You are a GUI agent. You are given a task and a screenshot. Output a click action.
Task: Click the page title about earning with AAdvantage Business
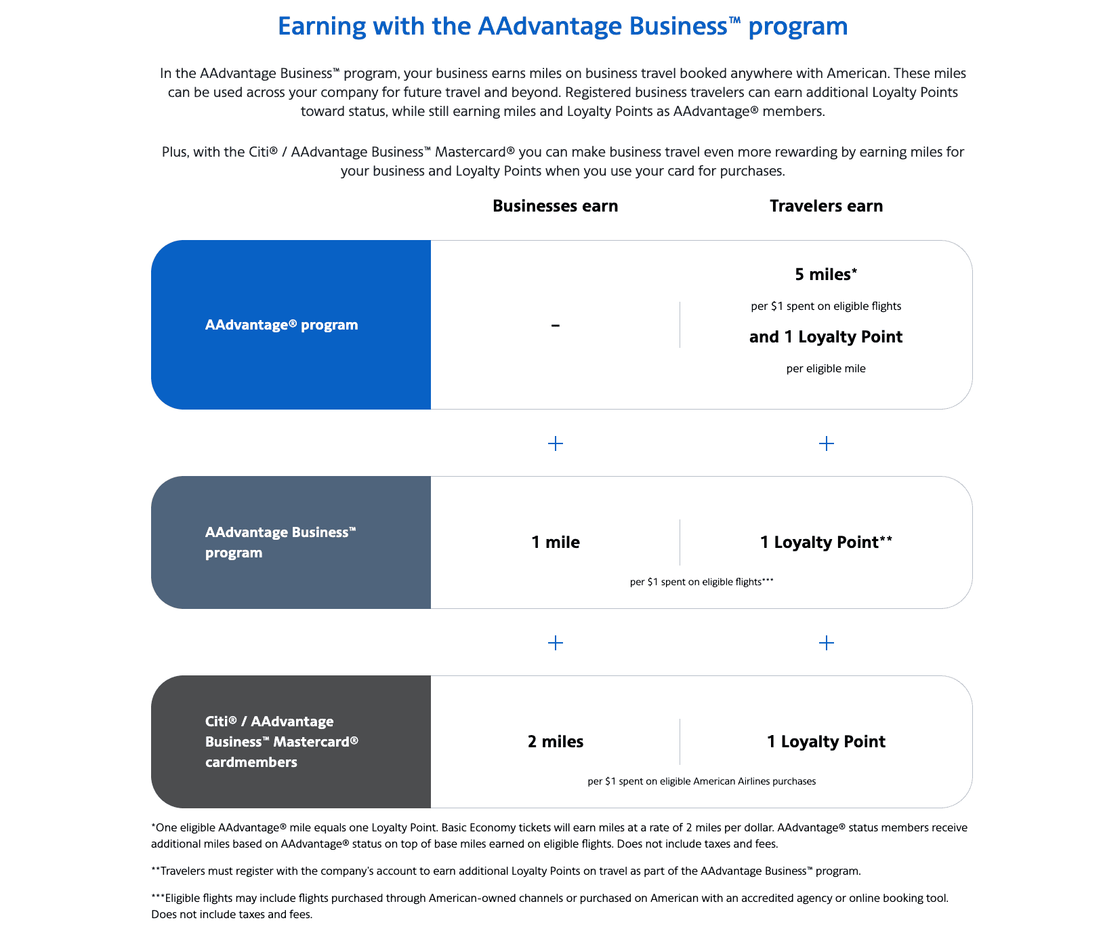pyautogui.click(x=562, y=26)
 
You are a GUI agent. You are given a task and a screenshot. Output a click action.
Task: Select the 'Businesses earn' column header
pyautogui.click(x=555, y=206)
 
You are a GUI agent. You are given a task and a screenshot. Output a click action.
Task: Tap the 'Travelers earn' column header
pyautogui.click(x=826, y=206)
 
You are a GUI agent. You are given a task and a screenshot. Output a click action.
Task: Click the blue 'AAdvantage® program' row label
pyautogui.click(x=281, y=325)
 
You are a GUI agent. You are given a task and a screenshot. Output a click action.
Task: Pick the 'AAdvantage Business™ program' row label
pyautogui.click(x=280, y=542)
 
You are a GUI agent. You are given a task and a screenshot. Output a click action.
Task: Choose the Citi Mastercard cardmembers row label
pyautogui.click(x=281, y=742)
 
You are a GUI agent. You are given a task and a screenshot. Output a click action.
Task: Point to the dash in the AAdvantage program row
pyautogui.click(x=555, y=325)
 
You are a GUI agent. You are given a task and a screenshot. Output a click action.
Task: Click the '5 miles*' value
pyautogui.click(x=826, y=275)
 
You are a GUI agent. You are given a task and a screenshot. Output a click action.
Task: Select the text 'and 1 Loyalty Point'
pyautogui.click(x=826, y=337)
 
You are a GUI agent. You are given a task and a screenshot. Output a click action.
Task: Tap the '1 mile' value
pyautogui.click(x=555, y=542)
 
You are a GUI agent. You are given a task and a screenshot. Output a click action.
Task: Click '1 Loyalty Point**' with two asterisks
pyautogui.click(x=826, y=542)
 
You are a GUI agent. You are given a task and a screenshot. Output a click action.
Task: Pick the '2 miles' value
pyautogui.click(x=555, y=742)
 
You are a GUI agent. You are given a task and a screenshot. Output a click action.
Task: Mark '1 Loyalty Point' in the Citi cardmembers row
pyautogui.click(x=826, y=742)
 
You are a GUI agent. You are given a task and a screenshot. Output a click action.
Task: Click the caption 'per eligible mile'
pyautogui.click(x=826, y=369)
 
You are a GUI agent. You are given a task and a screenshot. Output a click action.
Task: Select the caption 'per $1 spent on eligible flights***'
pyautogui.click(x=701, y=582)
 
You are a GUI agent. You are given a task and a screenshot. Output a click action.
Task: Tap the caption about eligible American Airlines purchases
pyautogui.click(x=701, y=781)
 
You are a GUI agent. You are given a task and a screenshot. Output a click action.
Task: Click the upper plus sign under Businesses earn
pyautogui.click(x=555, y=443)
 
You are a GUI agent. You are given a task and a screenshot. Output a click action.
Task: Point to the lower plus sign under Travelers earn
pyautogui.click(x=826, y=643)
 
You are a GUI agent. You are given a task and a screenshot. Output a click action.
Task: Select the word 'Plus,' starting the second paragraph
pyautogui.click(x=175, y=152)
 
